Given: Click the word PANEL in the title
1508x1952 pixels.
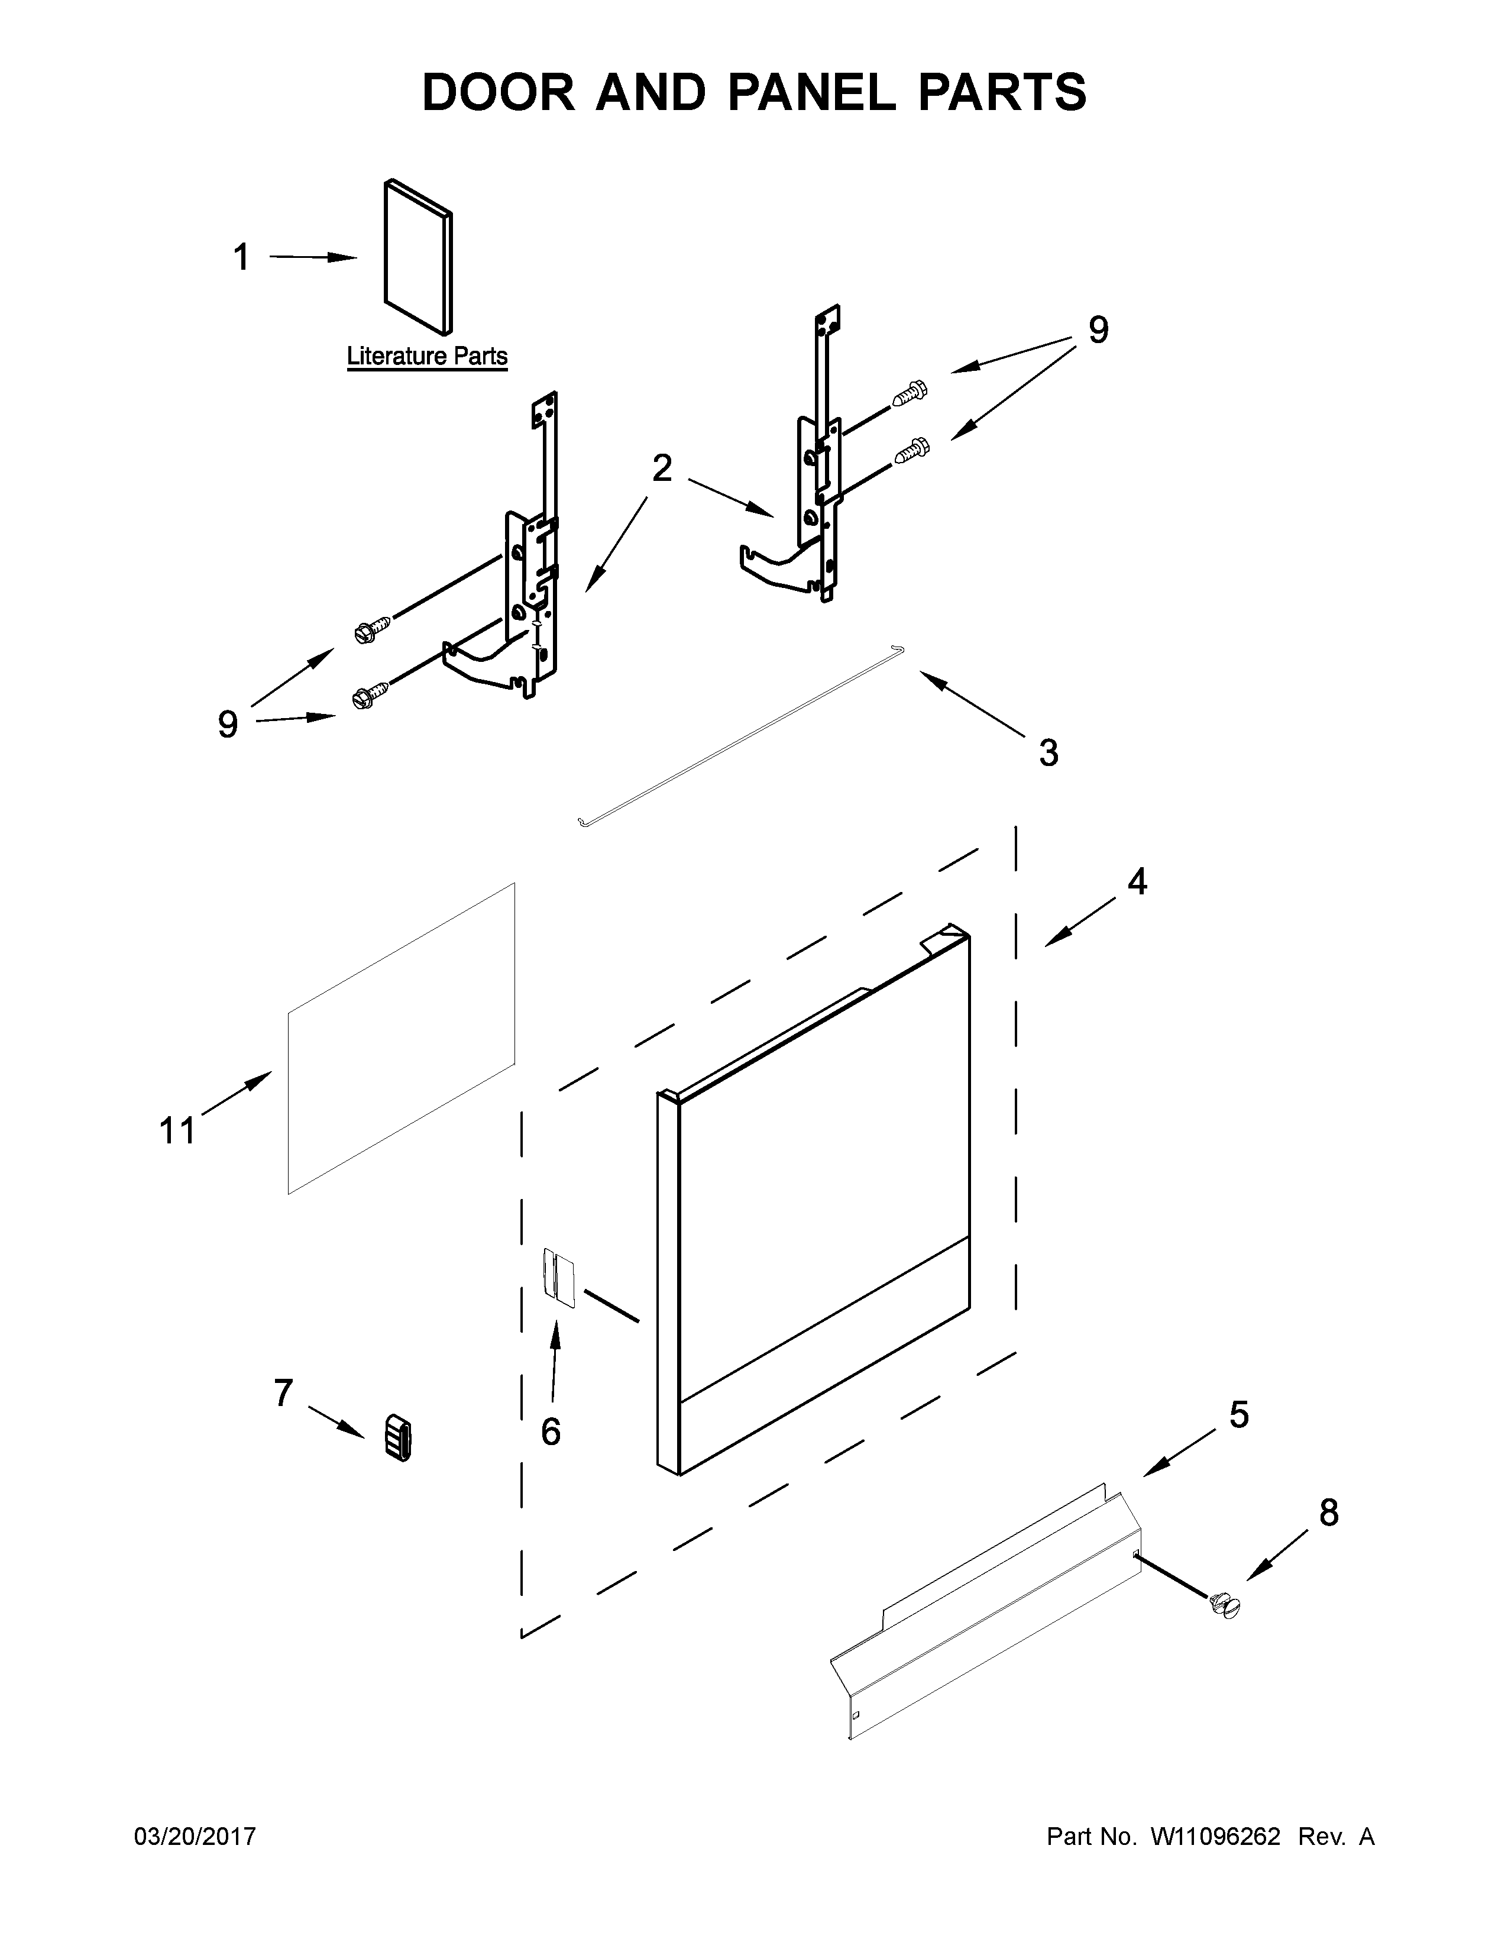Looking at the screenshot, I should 811,93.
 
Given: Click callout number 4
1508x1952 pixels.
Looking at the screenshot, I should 1137,882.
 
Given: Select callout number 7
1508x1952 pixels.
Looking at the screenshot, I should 283,1392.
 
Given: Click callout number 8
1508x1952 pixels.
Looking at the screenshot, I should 1328,1513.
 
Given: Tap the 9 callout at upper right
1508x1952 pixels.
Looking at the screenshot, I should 1098,331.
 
